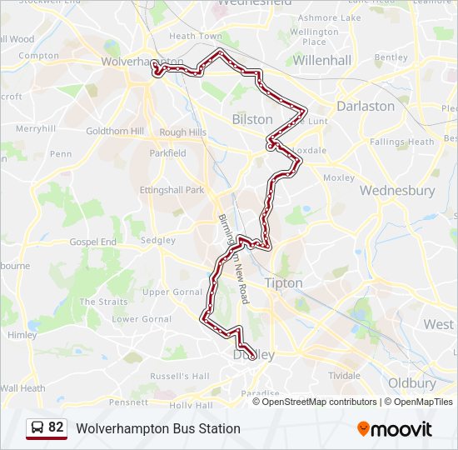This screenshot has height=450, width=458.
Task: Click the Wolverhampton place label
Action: [142, 62]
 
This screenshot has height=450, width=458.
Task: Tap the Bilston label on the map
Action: [251, 119]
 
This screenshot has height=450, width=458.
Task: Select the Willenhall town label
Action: [322, 60]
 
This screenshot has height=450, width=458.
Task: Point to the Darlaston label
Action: [365, 106]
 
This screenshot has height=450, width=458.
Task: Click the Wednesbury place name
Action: [396, 190]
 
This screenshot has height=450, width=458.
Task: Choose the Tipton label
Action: [283, 283]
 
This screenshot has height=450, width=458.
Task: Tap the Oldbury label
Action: [412, 383]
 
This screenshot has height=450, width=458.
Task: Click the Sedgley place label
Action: [158, 240]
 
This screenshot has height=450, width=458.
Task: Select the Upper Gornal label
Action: [172, 292]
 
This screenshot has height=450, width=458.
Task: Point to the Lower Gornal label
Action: [142, 319]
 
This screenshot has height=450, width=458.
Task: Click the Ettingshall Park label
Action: [172, 190]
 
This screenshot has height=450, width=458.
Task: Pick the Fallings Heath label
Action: [402, 142]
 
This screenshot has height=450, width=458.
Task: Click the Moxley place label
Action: [338, 177]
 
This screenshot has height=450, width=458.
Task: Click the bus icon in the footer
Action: [37, 428]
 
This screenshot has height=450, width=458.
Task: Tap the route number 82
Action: [56, 427]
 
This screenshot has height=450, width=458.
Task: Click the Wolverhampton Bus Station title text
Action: [158, 428]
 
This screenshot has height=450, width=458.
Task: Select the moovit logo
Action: [395, 429]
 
